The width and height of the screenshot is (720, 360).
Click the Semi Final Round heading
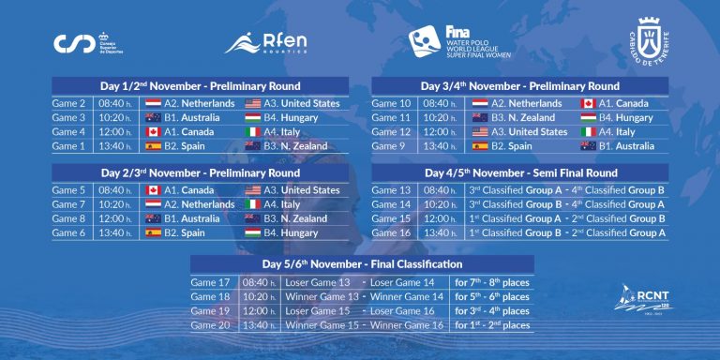519,173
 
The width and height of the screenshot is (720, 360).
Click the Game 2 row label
70,104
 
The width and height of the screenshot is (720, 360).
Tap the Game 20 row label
210,325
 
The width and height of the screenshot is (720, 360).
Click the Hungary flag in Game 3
253,118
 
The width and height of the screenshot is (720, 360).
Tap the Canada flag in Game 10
589,104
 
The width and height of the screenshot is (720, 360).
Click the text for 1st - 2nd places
491,325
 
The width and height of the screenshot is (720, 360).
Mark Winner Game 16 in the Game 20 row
405,325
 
